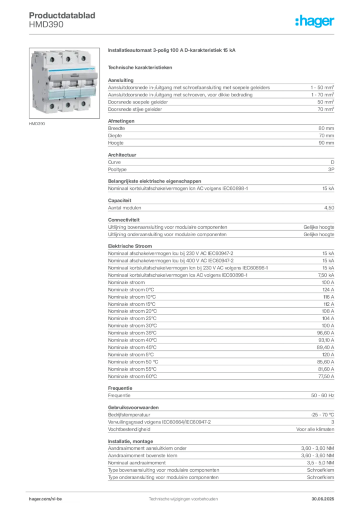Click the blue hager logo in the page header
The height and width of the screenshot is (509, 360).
click(x=315, y=21)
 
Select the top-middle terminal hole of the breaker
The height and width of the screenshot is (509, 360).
click(x=67, y=58)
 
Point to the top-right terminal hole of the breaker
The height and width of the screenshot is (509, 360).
click(x=84, y=58)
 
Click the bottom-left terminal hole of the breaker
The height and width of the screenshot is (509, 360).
click(x=52, y=106)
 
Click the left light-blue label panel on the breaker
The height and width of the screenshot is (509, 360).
click(x=55, y=94)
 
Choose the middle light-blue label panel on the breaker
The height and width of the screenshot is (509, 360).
click(x=70, y=93)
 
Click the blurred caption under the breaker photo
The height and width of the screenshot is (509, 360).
click(x=38, y=124)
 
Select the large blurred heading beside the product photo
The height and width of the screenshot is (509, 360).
click(x=173, y=51)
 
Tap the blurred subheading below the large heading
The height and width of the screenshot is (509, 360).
click(x=141, y=67)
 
